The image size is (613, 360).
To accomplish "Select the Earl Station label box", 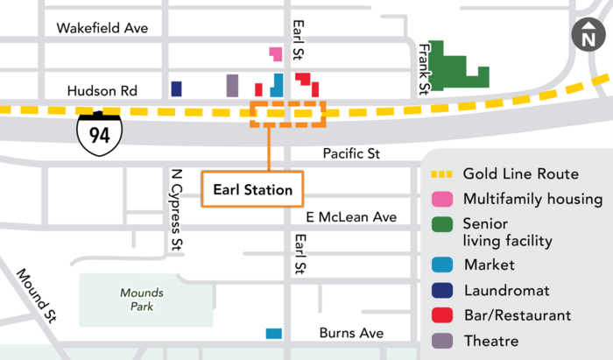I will point(253,188).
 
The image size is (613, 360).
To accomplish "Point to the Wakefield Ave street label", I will point(102,28).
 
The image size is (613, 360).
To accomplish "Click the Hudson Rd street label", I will point(102,89).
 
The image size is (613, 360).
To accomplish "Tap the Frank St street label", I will point(423,68).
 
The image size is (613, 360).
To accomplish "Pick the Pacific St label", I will point(350,153).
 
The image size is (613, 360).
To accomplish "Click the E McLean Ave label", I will point(350,216).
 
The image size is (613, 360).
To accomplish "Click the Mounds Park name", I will point(138,300).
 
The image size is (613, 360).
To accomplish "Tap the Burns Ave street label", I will point(351,333).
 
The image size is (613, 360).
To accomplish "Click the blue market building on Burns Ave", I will point(274,333).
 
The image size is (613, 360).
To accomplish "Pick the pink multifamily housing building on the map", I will point(276,53).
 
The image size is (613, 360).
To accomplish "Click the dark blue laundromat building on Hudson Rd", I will point(176,88).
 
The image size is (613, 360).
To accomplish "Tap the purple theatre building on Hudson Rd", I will point(232,86).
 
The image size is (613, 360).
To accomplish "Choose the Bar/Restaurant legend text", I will point(517,314).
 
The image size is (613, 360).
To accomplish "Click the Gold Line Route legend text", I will point(520,173).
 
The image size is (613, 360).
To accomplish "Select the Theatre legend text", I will point(490,341).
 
